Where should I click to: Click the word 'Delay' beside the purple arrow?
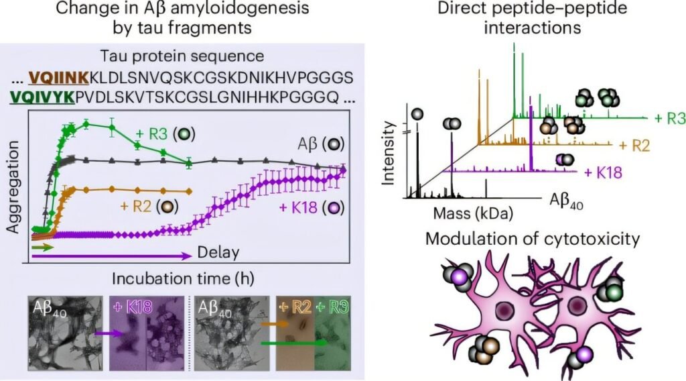(x=218, y=253)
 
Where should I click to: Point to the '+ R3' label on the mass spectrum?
(x=669, y=119)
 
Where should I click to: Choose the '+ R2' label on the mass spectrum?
(x=634, y=146)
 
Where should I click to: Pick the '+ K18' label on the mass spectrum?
(x=602, y=172)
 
